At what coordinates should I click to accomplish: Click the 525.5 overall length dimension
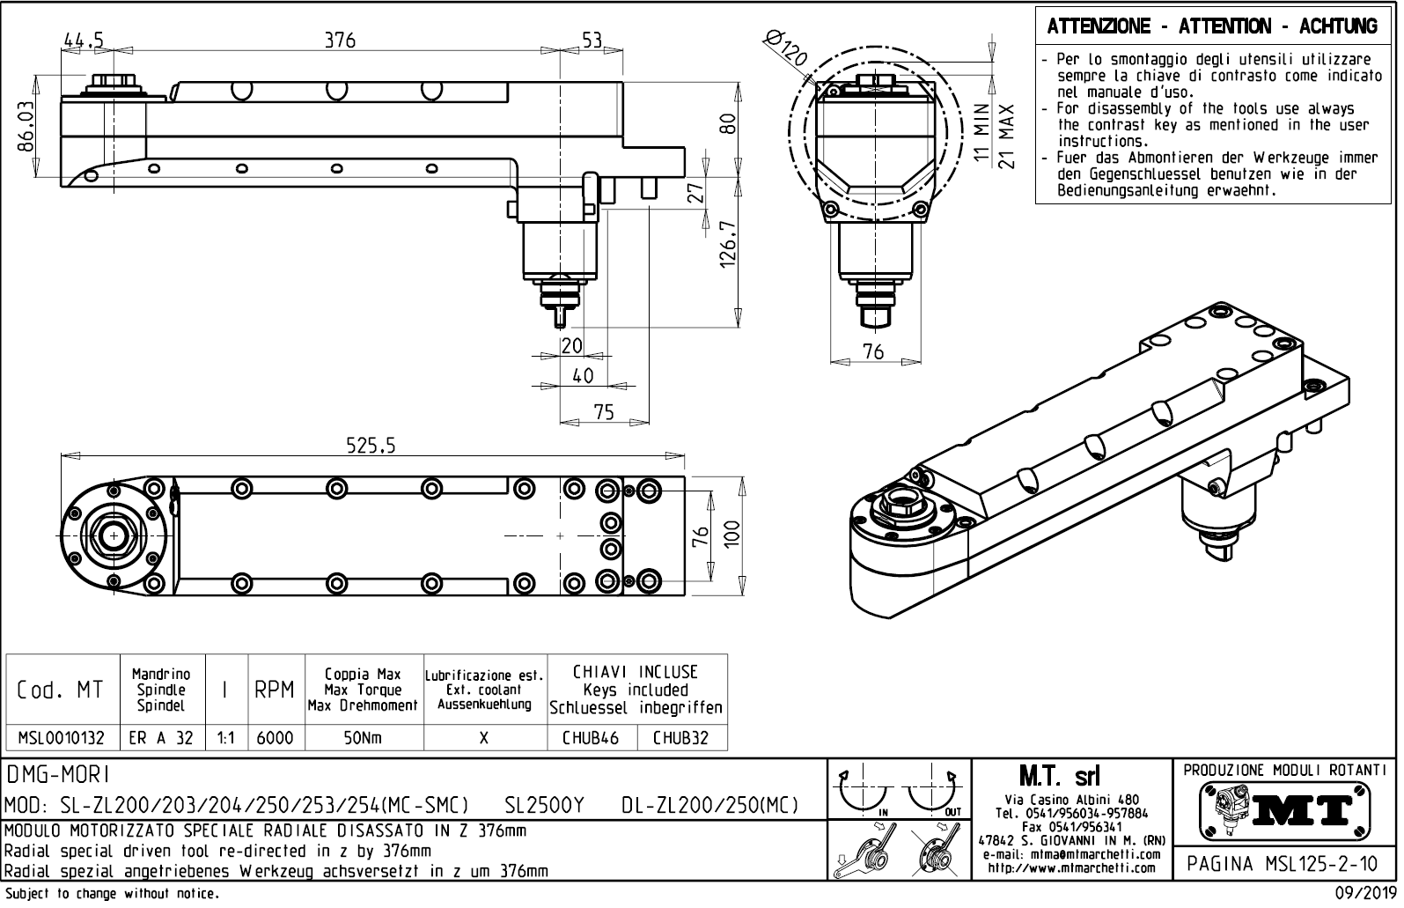pos(371,447)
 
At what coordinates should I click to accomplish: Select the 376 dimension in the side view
pos(339,40)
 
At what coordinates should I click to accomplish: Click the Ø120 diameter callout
pos(785,48)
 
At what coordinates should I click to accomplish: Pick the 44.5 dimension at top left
pos(84,40)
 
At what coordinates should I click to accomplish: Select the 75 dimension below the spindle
pos(604,411)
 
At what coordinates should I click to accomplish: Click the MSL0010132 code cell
pos(62,738)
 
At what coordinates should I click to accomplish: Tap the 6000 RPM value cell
pos(275,738)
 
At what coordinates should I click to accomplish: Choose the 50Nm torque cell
pos(363,738)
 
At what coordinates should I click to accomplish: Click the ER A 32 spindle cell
pos(161,738)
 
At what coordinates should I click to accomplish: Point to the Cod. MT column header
pos(61,690)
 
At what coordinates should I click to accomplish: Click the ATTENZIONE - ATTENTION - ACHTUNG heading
pos(1212,26)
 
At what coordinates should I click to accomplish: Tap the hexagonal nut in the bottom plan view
pos(114,535)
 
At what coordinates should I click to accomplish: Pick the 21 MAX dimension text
pos(1009,137)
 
